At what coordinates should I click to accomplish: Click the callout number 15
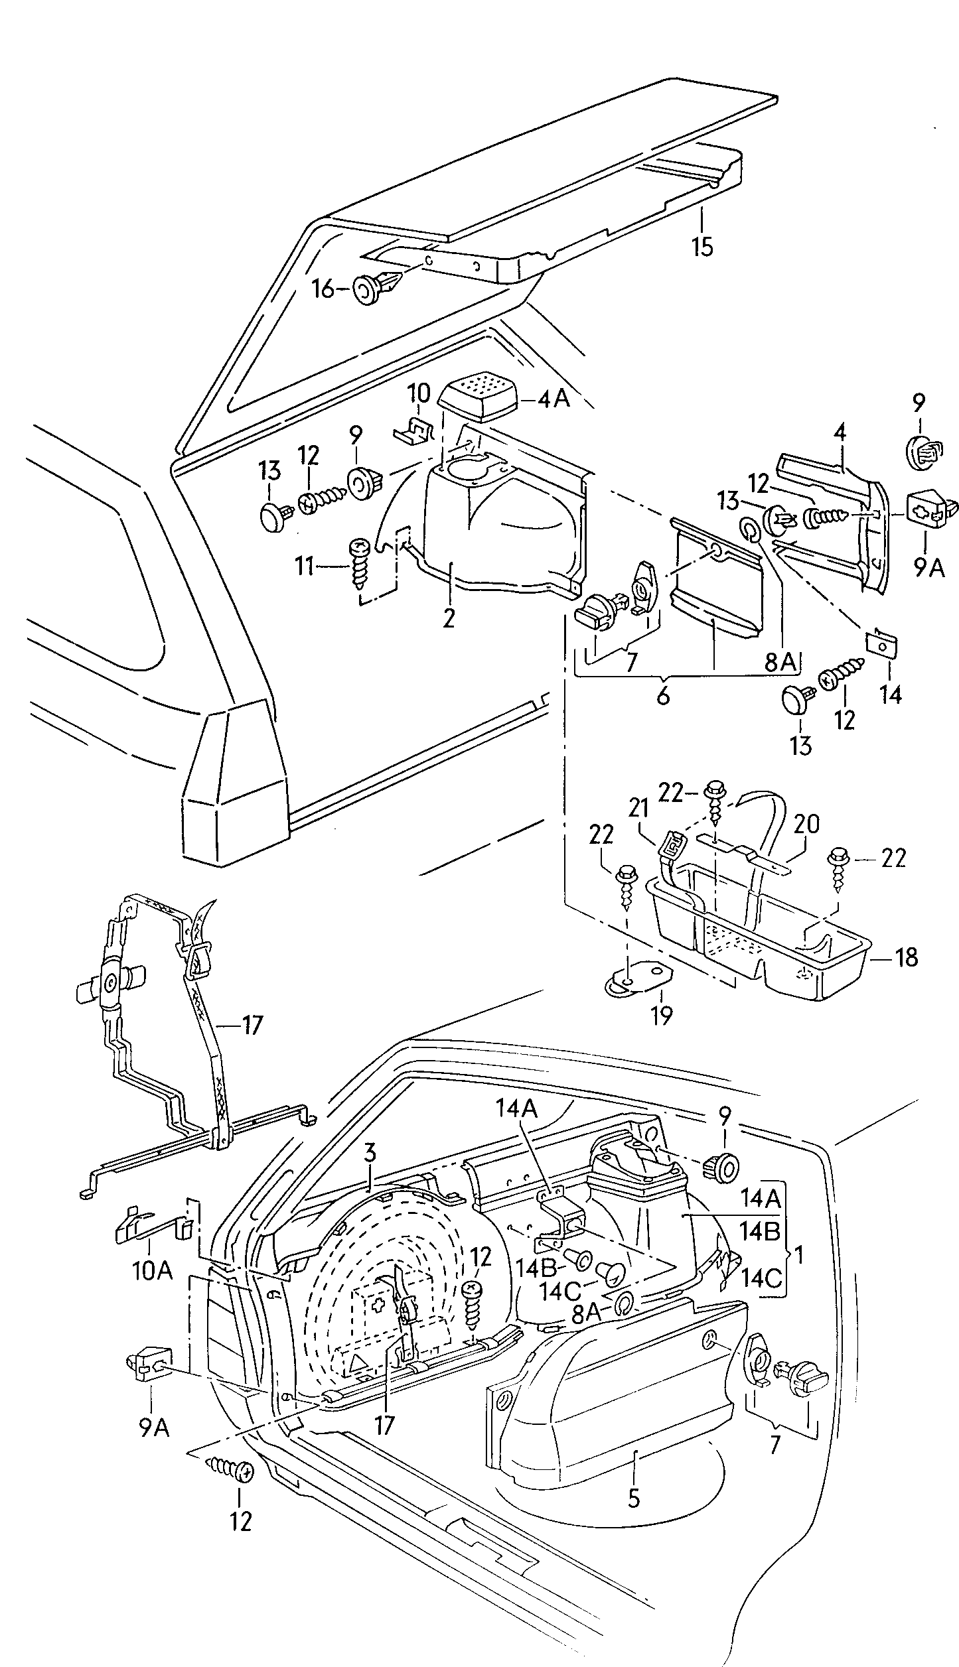pos(701,247)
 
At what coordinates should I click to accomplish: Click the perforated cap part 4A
pos(477,395)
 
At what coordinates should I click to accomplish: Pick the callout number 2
pos(449,618)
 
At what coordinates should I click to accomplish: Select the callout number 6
pos(662,697)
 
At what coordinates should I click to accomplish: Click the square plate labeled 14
pos(882,643)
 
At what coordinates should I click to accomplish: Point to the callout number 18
pos(906,957)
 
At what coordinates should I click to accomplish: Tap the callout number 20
pos(806,824)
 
